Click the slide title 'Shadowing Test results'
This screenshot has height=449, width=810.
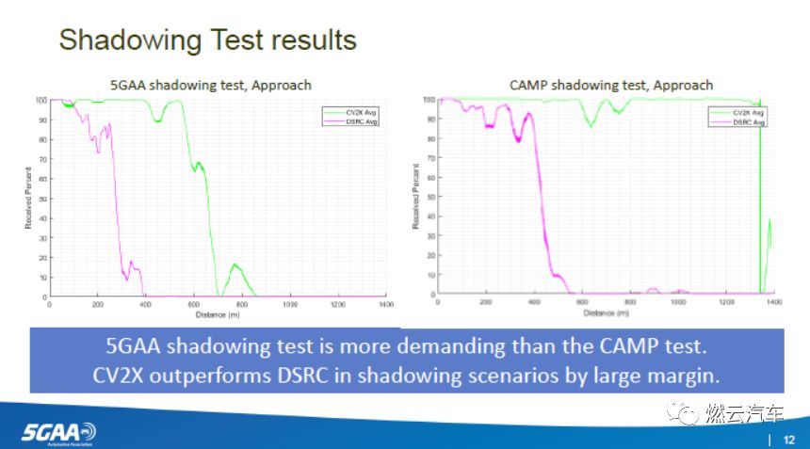[208, 40]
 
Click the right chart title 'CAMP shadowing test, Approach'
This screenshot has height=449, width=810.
[611, 85]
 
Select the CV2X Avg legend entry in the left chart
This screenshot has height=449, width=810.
[354, 111]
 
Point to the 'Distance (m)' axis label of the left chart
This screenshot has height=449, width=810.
[218, 313]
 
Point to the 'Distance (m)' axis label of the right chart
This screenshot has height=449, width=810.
[605, 313]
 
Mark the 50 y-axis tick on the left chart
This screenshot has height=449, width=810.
[41, 199]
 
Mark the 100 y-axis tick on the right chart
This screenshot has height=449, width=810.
[429, 100]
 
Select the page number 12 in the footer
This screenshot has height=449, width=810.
[790, 438]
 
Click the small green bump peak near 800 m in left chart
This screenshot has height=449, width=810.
[235, 265]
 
